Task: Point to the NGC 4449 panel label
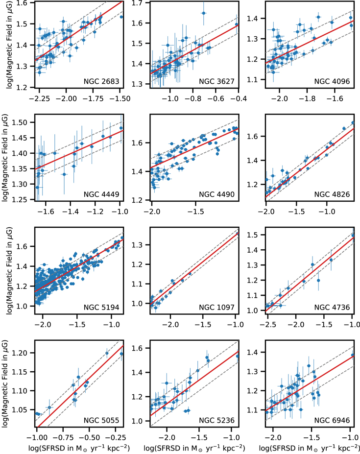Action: click(x=101, y=194)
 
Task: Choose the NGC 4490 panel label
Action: click(x=217, y=194)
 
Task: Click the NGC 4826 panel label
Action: click(x=332, y=194)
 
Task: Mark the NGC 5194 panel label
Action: click(x=101, y=307)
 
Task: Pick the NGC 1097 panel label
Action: click(x=217, y=307)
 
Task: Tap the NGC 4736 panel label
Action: click(x=332, y=307)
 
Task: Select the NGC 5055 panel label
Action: click(x=101, y=420)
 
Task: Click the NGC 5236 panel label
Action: click(x=217, y=420)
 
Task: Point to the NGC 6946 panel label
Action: click(x=332, y=420)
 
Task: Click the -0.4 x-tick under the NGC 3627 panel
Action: click(x=237, y=99)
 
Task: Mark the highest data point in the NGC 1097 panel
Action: click(x=238, y=234)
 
